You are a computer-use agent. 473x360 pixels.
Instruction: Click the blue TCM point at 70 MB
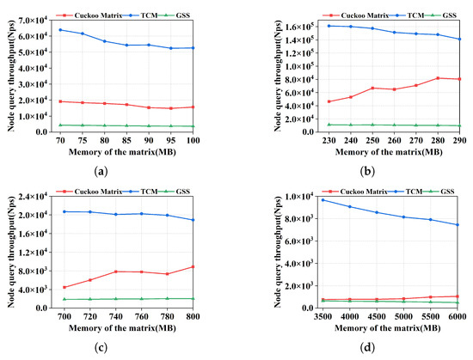(59, 30)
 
